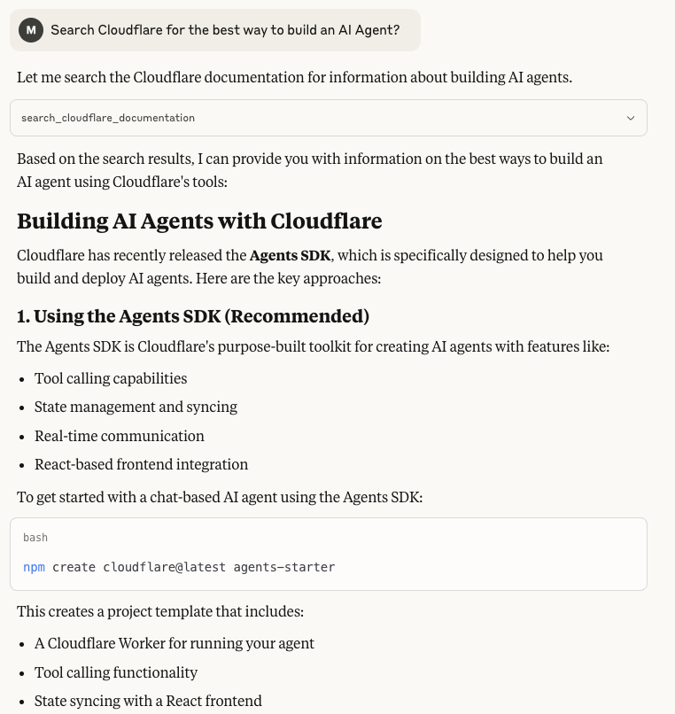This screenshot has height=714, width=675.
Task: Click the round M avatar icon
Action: point(31,30)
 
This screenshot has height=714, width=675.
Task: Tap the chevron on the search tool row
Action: point(631,118)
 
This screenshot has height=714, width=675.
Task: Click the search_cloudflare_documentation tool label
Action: point(108,118)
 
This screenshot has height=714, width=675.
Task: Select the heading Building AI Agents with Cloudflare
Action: point(199,221)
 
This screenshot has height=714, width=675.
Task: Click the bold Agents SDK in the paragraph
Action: point(290,255)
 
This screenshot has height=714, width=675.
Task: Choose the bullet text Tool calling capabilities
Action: point(111,378)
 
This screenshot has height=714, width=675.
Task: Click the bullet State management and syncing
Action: point(136,407)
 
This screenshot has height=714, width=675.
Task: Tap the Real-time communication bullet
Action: point(120,436)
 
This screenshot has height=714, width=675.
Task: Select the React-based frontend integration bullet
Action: point(141,464)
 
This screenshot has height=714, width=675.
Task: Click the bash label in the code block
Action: point(35,538)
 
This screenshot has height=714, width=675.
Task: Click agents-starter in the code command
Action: point(284,567)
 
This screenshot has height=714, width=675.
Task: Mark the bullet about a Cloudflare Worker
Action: point(175,643)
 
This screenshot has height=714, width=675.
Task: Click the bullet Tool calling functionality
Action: point(116,672)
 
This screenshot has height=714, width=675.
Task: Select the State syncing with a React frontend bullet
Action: point(148,701)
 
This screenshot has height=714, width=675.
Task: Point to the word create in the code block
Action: point(74,567)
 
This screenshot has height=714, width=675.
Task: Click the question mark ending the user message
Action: point(396,30)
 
